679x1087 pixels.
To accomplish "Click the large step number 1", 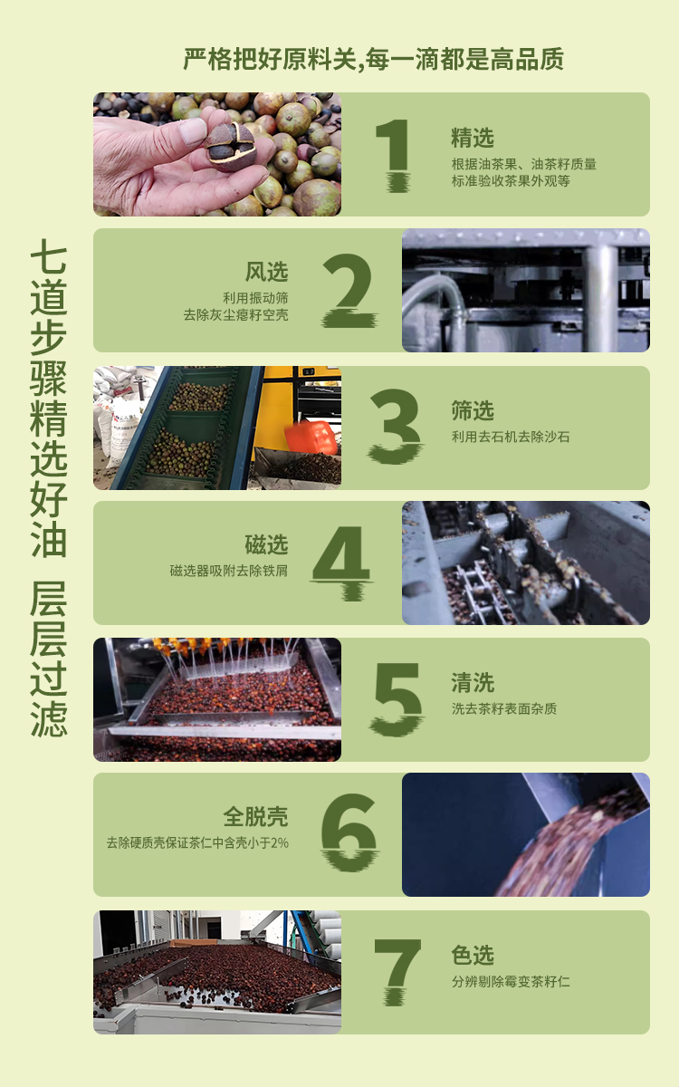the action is click(x=394, y=155).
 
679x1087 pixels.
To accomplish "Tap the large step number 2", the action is click(x=349, y=290).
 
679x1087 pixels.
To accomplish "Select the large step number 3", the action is click(x=396, y=426).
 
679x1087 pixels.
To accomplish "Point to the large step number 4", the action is click(x=341, y=563).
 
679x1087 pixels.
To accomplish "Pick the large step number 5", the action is click(x=397, y=698).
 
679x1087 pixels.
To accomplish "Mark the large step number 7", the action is click(x=397, y=970).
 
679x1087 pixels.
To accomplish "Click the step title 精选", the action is click(x=473, y=138).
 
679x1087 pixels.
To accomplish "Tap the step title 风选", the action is click(x=267, y=272).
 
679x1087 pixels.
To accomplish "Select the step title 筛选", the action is click(x=473, y=410).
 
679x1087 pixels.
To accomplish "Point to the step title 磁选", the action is click(x=267, y=544).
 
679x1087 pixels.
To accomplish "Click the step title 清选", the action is click(x=473, y=683).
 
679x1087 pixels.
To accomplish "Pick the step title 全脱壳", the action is click(x=255, y=817).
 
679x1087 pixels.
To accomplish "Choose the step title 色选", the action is click(x=473, y=955).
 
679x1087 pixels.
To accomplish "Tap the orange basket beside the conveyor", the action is click(x=311, y=438).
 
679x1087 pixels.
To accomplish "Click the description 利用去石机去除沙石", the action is click(x=511, y=437).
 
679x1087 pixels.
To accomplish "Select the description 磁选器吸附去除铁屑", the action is click(x=228, y=571).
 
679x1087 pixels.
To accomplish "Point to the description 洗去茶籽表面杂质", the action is click(x=504, y=709).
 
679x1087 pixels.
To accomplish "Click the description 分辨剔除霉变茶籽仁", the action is click(x=511, y=981).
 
